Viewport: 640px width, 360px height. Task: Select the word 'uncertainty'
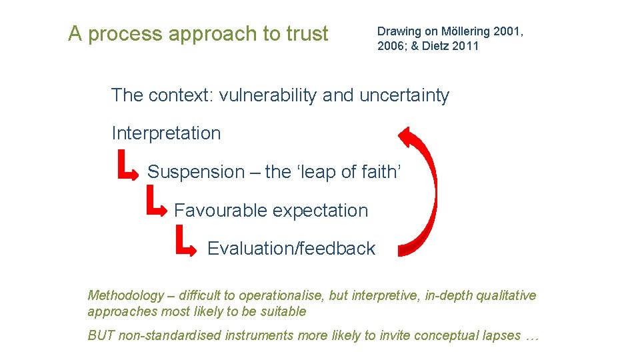click(x=404, y=95)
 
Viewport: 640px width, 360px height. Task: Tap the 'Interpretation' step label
click(x=166, y=133)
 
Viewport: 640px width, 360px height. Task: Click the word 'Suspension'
click(x=196, y=172)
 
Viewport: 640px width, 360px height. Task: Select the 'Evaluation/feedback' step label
click(x=291, y=249)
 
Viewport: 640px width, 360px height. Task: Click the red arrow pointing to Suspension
click(x=128, y=167)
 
